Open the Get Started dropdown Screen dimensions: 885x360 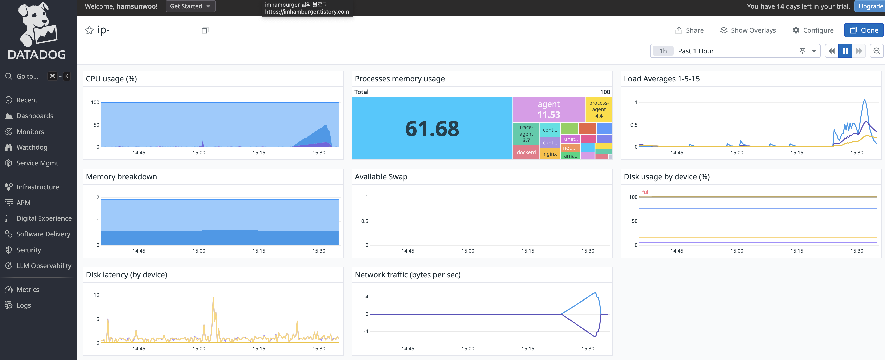tap(190, 6)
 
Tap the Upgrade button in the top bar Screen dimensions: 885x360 tap(870, 6)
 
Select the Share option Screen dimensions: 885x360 tap(689, 30)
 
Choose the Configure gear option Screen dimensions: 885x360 tap(813, 30)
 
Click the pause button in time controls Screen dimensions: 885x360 tap(845, 51)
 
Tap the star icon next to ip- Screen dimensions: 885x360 tap(89, 30)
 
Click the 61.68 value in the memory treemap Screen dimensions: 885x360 tap(432, 129)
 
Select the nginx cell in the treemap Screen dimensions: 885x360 tap(550, 154)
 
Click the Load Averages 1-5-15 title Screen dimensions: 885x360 tap(662, 79)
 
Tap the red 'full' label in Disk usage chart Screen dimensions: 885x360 tap(646, 192)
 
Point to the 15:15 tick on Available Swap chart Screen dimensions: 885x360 tap(528, 251)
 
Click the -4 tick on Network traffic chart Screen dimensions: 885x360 tap(366, 331)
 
